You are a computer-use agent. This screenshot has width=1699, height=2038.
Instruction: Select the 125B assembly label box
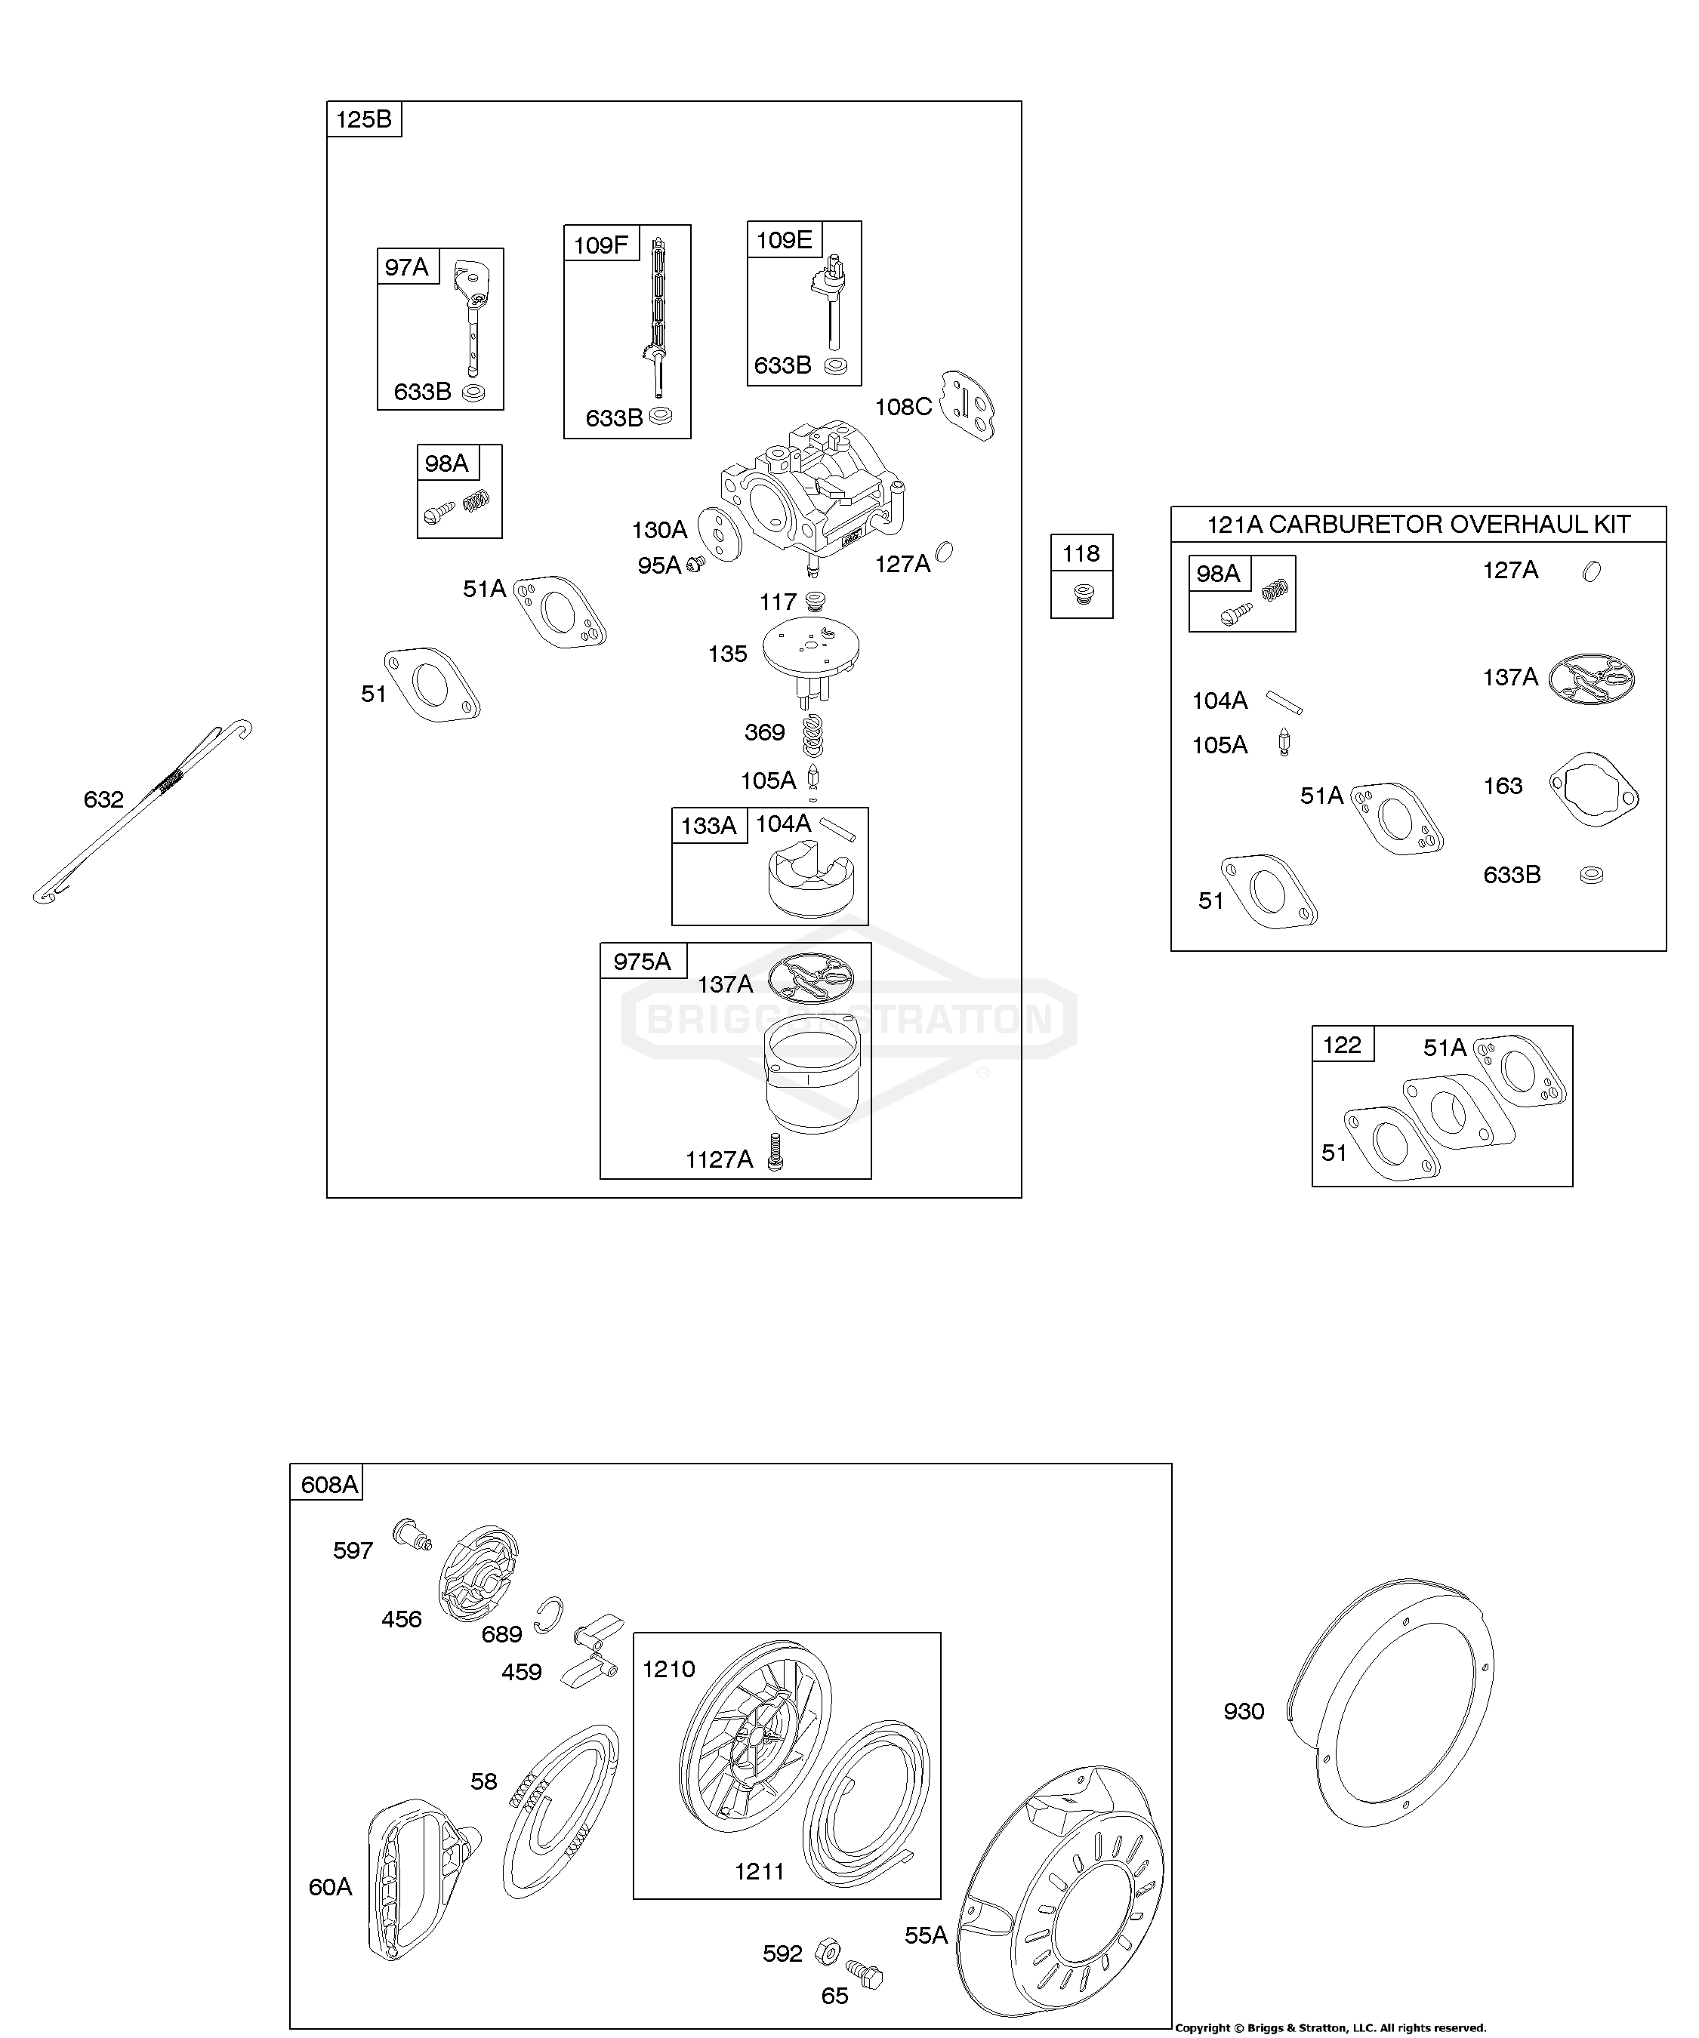[x=364, y=119]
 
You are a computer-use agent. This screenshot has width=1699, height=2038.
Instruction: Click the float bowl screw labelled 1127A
[x=775, y=1151]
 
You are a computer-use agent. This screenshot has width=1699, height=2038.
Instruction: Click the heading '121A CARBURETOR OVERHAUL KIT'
[x=1418, y=525]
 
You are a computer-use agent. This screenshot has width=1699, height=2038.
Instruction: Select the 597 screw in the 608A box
[x=412, y=1535]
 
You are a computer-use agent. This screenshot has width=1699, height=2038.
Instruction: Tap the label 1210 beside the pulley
[x=669, y=1669]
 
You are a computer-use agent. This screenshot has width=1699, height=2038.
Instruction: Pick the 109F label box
[x=601, y=244]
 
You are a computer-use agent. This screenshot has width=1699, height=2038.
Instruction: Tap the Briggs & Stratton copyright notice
[x=1330, y=2028]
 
